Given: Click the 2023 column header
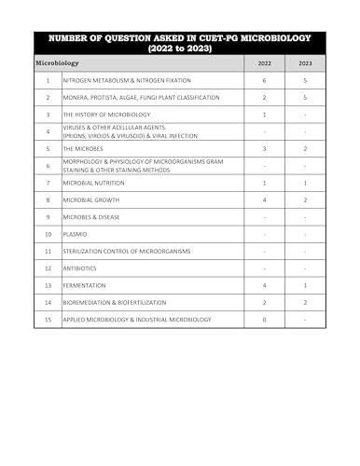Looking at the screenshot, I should pyautogui.click(x=306, y=63).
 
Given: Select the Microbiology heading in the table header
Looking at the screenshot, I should pyautogui.click(x=57, y=63).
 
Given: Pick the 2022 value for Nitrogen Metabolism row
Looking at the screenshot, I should pyautogui.click(x=265, y=80).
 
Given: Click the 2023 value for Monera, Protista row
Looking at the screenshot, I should pyautogui.click(x=306, y=97).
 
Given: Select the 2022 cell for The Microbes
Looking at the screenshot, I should pyautogui.click(x=265, y=148).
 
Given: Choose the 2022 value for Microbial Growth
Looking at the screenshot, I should pyautogui.click(x=265, y=199).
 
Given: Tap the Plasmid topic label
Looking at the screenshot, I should pyautogui.click(x=76, y=234).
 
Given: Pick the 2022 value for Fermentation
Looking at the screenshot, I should pyautogui.click(x=265, y=285).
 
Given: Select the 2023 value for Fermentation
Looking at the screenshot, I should pyautogui.click(x=306, y=285).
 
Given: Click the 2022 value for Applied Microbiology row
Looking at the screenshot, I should pyautogui.click(x=265, y=320).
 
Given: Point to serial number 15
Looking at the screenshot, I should pyautogui.click(x=47, y=320).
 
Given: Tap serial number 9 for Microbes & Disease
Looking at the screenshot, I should pyautogui.click(x=47, y=217).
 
